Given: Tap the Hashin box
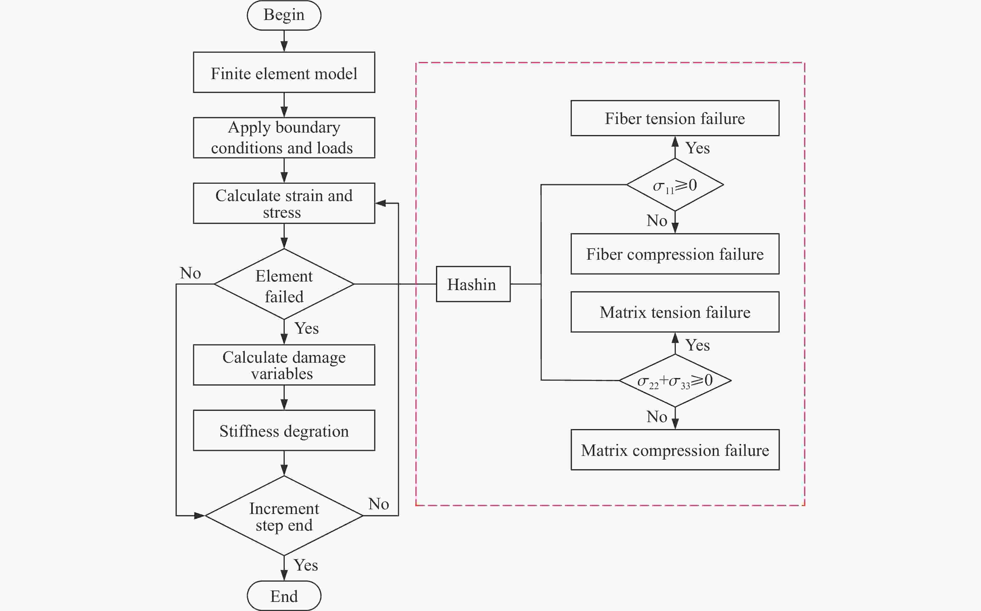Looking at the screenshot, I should [x=473, y=284].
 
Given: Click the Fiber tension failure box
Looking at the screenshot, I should [x=675, y=118].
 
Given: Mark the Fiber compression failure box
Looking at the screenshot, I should [x=675, y=254].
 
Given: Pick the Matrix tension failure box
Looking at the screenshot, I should [x=675, y=312].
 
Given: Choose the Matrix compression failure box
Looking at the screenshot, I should [x=675, y=450].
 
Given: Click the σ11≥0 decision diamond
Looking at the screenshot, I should [x=675, y=185].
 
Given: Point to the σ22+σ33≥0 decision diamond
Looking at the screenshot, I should [x=675, y=380].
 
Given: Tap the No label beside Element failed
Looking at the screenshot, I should [x=190, y=273].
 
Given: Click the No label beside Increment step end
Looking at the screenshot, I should [x=379, y=504].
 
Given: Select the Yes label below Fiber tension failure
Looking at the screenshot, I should [x=698, y=148].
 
